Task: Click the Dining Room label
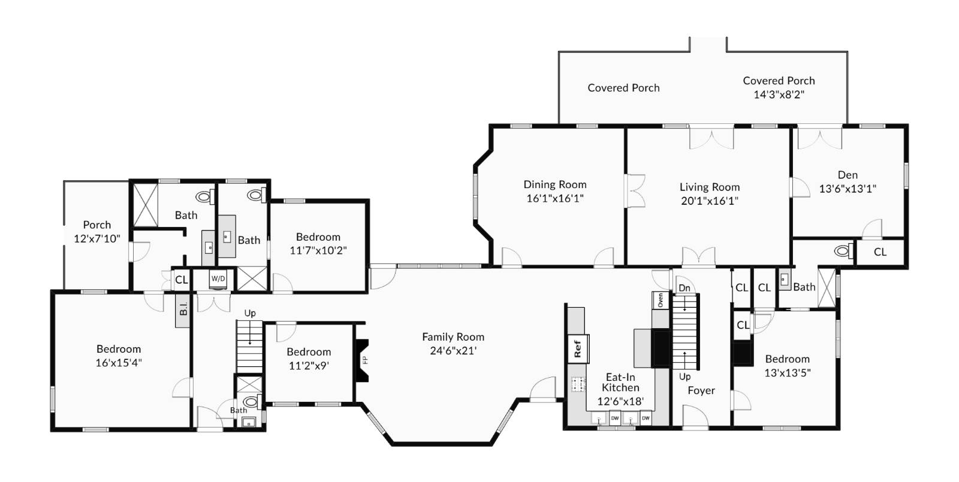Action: point(555,184)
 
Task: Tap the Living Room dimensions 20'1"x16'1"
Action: point(710,201)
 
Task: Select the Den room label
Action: point(848,175)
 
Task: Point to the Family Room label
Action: point(453,337)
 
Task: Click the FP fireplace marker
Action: point(364,360)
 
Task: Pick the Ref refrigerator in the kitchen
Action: point(578,349)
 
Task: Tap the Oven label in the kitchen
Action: point(661,300)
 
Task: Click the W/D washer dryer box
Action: point(218,279)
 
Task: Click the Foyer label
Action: point(701,390)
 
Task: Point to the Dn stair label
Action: point(684,288)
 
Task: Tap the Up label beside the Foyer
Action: point(684,377)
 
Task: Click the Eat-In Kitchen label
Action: point(620,382)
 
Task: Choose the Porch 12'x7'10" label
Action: point(97,231)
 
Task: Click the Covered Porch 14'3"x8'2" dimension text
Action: point(779,95)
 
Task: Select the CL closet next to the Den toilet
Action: point(880,252)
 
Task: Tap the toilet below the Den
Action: point(843,250)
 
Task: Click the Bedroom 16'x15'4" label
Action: point(119,356)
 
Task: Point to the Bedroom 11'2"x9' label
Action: point(309,359)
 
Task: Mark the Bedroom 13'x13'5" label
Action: point(787,365)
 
